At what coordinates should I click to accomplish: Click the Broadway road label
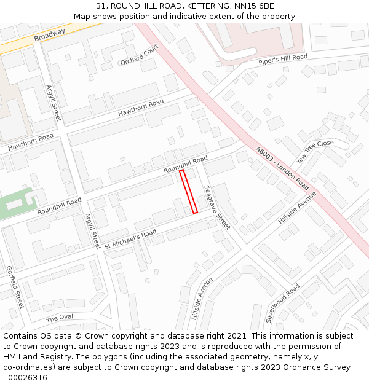(x=49, y=36)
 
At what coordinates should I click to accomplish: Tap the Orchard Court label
(x=140, y=54)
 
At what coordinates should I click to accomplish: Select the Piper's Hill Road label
(x=283, y=60)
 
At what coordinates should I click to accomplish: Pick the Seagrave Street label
(x=216, y=207)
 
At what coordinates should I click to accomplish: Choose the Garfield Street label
(x=14, y=287)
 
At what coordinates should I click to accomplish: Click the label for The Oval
(x=60, y=318)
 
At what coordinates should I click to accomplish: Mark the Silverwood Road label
(x=282, y=303)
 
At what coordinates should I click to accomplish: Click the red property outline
(x=188, y=192)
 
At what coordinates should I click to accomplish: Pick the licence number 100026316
(x=26, y=378)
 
